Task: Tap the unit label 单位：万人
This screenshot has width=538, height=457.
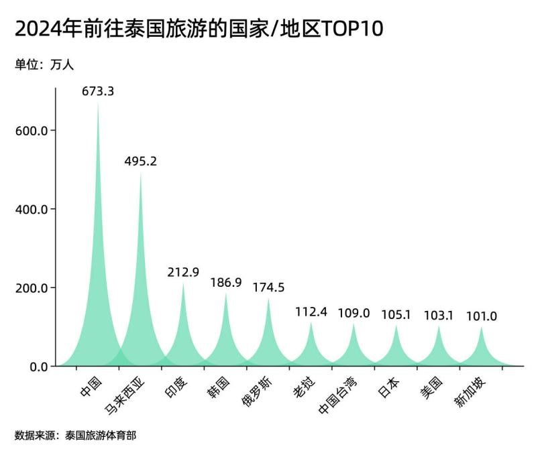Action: pos(44,65)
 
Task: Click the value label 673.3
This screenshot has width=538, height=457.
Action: pos(98,91)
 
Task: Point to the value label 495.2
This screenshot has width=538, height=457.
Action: pos(141,161)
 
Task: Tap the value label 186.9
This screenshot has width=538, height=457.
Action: pos(226,282)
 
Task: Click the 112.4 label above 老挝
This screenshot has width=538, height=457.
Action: pos(311,312)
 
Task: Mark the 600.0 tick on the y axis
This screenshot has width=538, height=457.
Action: pos(31,131)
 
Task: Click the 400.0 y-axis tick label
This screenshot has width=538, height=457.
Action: pos(31,209)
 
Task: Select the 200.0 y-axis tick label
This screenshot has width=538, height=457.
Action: pos(31,288)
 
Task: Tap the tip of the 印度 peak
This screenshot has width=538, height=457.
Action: pos(183,283)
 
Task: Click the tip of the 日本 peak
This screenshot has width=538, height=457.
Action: pos(396,326)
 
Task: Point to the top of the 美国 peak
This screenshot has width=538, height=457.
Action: pos(439,326)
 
